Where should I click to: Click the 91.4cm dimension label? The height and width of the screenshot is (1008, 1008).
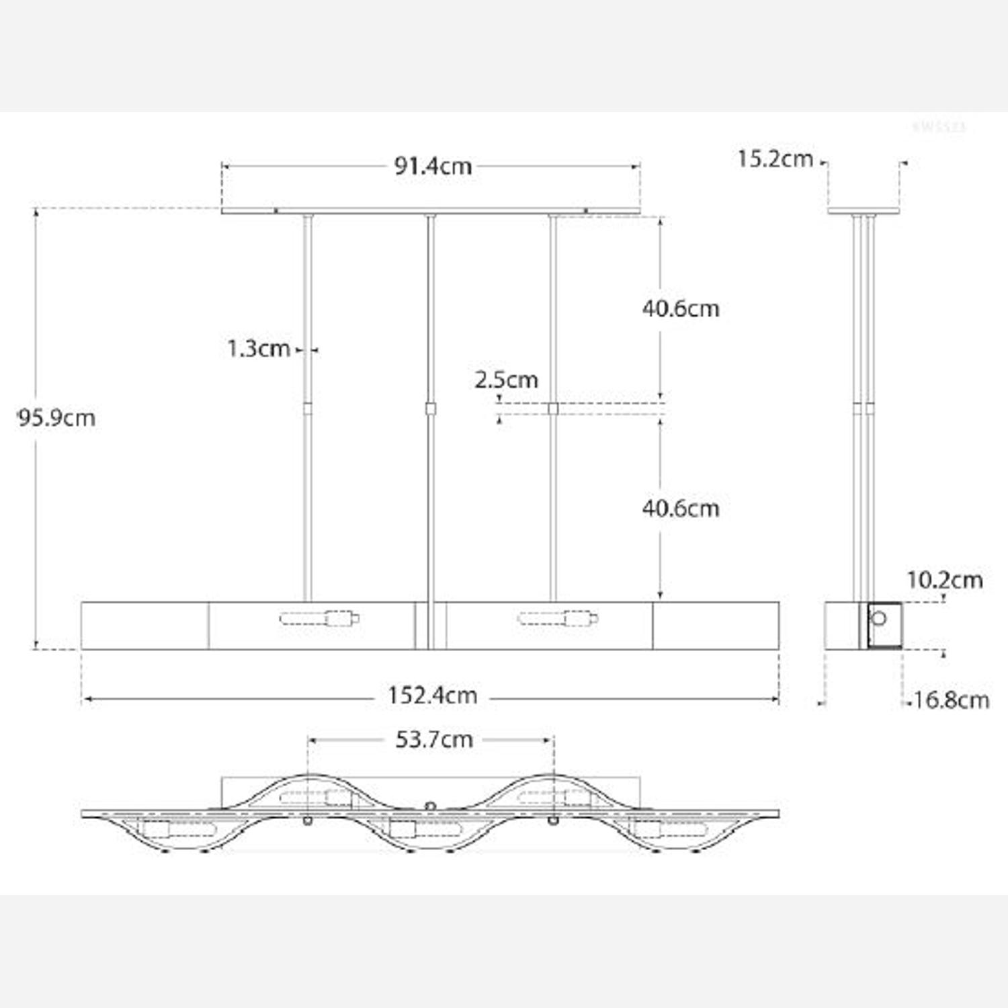(433, 166)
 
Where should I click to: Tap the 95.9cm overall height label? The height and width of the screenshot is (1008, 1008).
(56, 418)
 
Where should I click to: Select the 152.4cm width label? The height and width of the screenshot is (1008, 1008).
(432, 696)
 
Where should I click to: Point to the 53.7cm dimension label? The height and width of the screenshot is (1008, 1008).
(433, 740)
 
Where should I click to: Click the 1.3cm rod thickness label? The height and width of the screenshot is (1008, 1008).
(258, 349)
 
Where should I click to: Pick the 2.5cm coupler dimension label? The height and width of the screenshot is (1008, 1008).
(506, 380)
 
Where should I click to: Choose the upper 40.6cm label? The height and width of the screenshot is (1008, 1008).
(680, 308)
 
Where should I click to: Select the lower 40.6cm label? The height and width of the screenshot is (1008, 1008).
(680, 508)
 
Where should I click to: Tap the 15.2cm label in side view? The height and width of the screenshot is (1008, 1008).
(775, 159)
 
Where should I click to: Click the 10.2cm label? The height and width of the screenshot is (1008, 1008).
(944, 580)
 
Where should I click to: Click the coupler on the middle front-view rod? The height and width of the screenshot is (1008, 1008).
(431, 409)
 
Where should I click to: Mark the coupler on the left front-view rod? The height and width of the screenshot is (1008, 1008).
(308, 409)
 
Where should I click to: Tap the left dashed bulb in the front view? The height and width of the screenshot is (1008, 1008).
(319, 618)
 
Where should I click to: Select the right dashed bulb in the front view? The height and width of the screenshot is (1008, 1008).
(558, 618)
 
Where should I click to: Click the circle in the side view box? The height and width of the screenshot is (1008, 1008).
(878, 618)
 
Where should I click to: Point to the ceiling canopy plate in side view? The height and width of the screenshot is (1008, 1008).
(864, 211)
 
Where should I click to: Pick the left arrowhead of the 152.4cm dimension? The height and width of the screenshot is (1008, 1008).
(86, 700)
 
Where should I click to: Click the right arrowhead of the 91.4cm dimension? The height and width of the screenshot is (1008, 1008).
(636, 166)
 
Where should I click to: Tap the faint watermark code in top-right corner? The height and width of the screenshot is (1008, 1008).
(939, 126)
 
